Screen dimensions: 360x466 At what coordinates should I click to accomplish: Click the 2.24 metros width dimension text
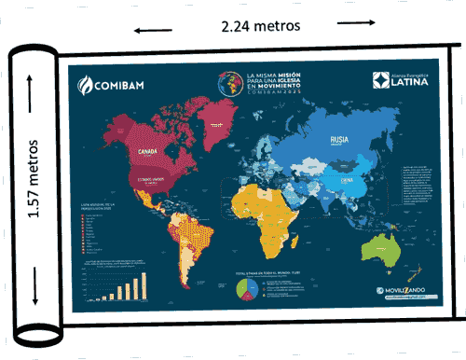click(260, 26)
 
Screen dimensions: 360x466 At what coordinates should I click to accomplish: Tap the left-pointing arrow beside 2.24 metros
click(146, 31)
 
